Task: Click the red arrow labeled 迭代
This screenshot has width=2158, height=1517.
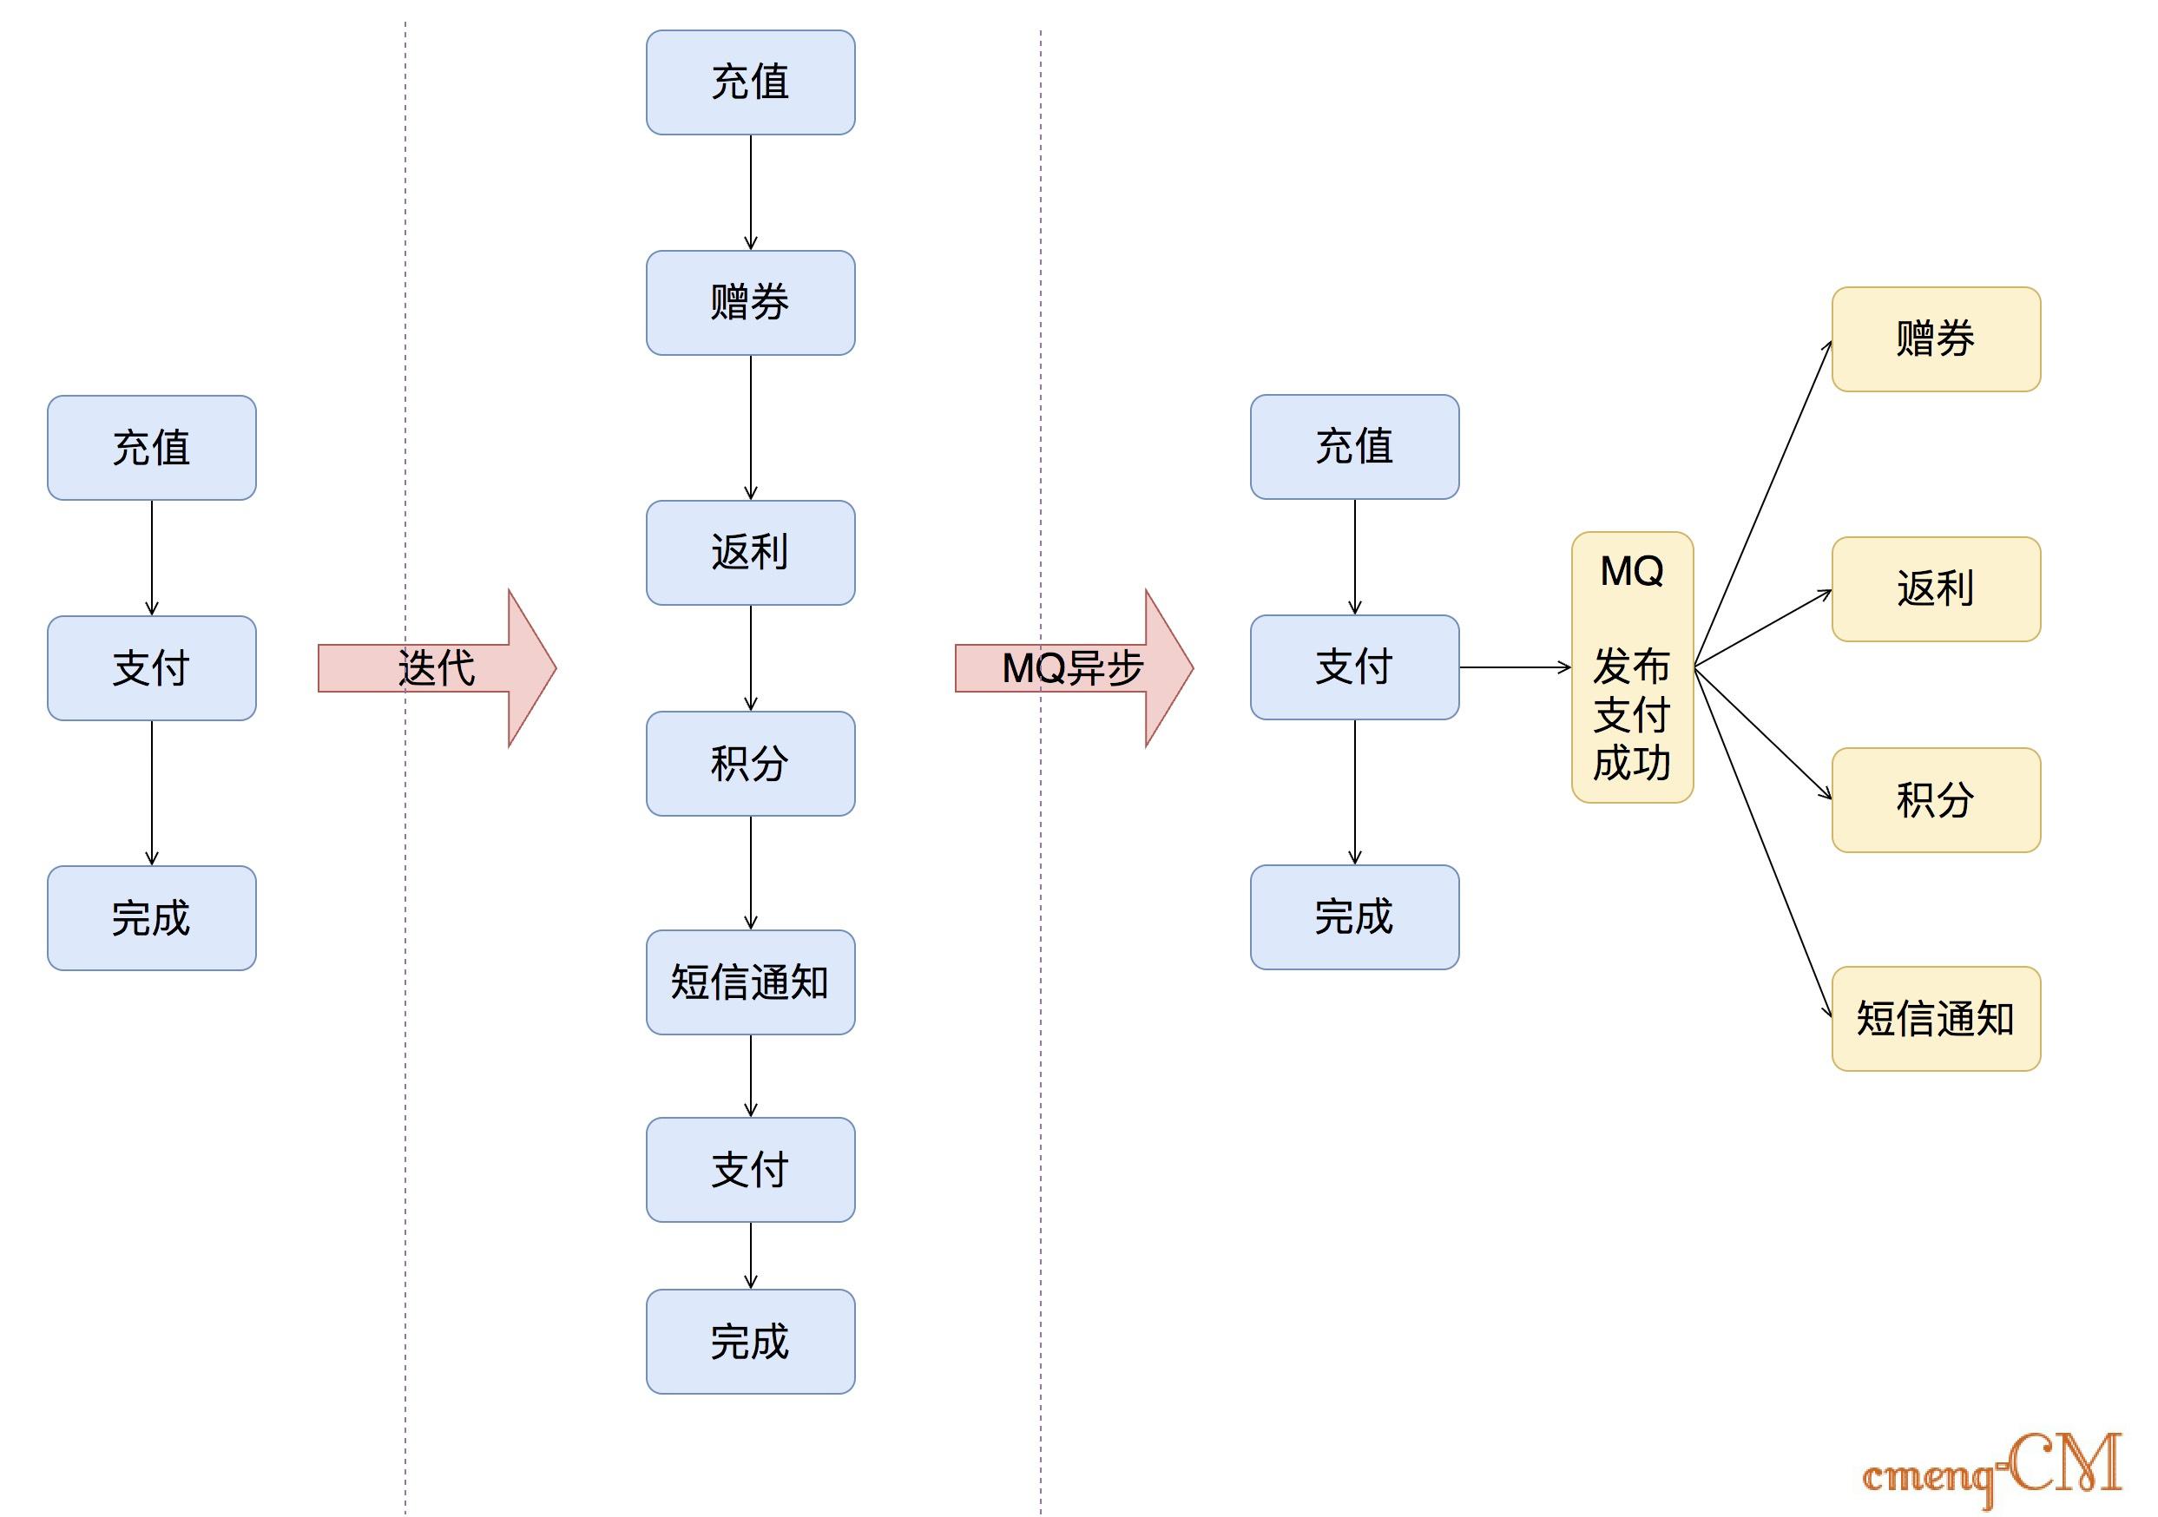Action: [x=437, y=668]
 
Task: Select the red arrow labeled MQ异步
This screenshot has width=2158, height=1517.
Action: [x=1074, y=668]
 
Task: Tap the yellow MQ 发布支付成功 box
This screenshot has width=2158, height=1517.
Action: [x=1632, y=667]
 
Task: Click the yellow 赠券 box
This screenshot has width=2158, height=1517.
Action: [x=1935, y=339]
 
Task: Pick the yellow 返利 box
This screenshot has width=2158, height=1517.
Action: [x=1935, y=589]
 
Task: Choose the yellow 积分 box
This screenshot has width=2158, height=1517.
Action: [x=1935, y=800]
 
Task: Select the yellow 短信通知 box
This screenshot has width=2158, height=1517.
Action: [x=1935, y=1019]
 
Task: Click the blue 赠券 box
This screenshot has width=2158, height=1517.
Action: [x=750, y=303]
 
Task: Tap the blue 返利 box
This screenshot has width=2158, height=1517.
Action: [x=750, y=553]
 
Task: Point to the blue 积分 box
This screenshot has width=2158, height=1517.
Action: [x=750, y=763]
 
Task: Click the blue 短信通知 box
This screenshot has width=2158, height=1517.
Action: [x=750, y=982]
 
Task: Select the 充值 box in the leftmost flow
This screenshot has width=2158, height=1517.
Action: [x=151, y=448]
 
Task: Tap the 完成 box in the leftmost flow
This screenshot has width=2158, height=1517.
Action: [x=151, y=918]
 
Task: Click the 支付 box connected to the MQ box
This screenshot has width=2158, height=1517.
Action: [x=1354, y=667]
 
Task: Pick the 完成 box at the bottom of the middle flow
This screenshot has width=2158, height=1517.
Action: [x=750, y=1341]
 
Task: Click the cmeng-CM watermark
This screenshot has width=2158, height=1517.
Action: [x=1992, y=1469]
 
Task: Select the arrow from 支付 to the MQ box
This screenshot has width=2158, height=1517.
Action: [x=1514, y=667]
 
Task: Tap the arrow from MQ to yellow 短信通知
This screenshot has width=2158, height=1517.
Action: [x=1762, y=841]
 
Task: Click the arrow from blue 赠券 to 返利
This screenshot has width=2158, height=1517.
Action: [x=750, y=428]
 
